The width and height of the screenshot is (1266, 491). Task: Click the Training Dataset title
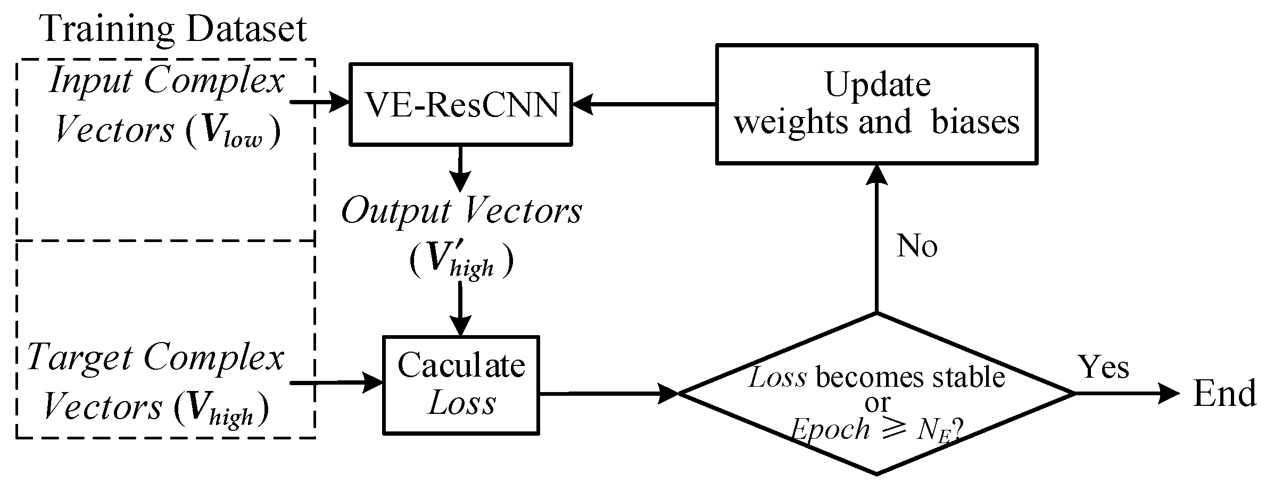(x=175, y=29)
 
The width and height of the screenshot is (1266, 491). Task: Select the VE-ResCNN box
(x=460, y=104)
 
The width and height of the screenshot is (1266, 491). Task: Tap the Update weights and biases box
(x=876, y=104)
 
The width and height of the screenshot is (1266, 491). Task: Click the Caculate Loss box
(x=461, y=385)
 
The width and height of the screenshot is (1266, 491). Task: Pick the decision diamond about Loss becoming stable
(x=876, y=394)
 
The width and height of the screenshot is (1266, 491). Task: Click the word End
(x=1224, y=395)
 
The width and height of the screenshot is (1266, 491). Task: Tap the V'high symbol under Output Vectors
(x=461, y=261)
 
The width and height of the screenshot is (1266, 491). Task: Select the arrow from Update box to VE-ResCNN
(x=644, y=104)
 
